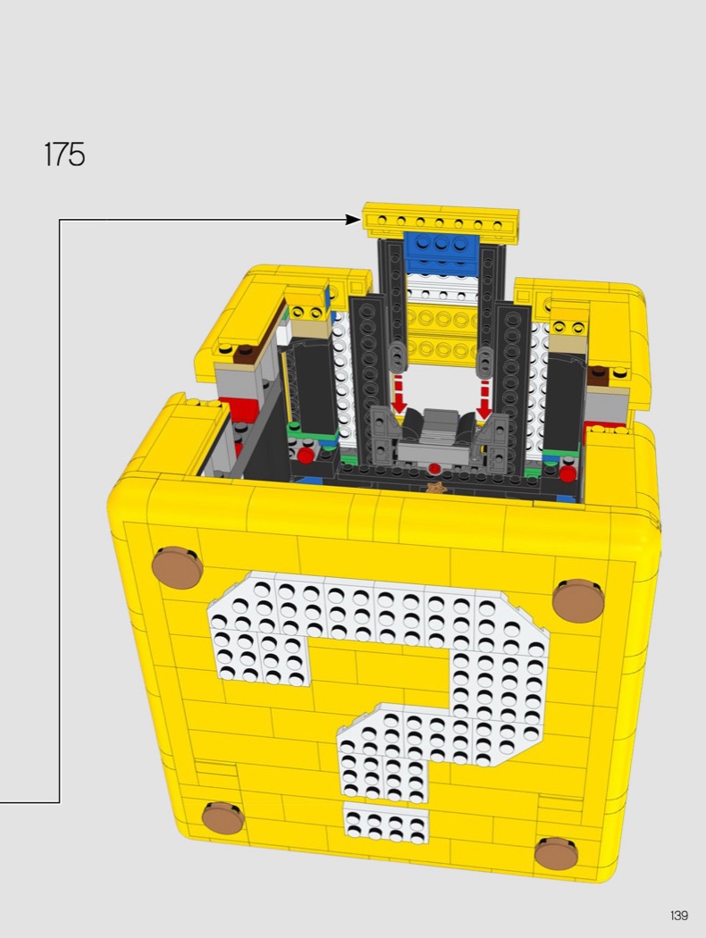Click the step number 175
[x=64, y=155]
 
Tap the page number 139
[x=679, y=916]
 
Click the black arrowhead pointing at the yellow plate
[x=354, y=220]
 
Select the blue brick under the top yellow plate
[x=442, y=248]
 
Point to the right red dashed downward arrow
[x=484, y=398]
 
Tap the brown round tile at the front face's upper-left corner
[x=177, y=565]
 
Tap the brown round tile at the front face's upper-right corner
[x=578, y=599]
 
